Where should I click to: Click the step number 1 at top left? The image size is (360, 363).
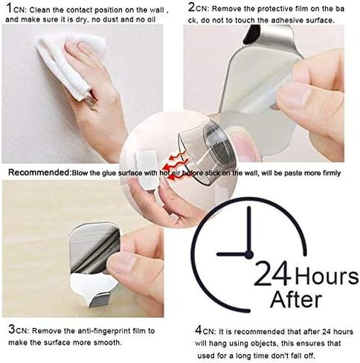point(8,7)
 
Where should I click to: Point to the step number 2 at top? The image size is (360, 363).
point(192,7)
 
